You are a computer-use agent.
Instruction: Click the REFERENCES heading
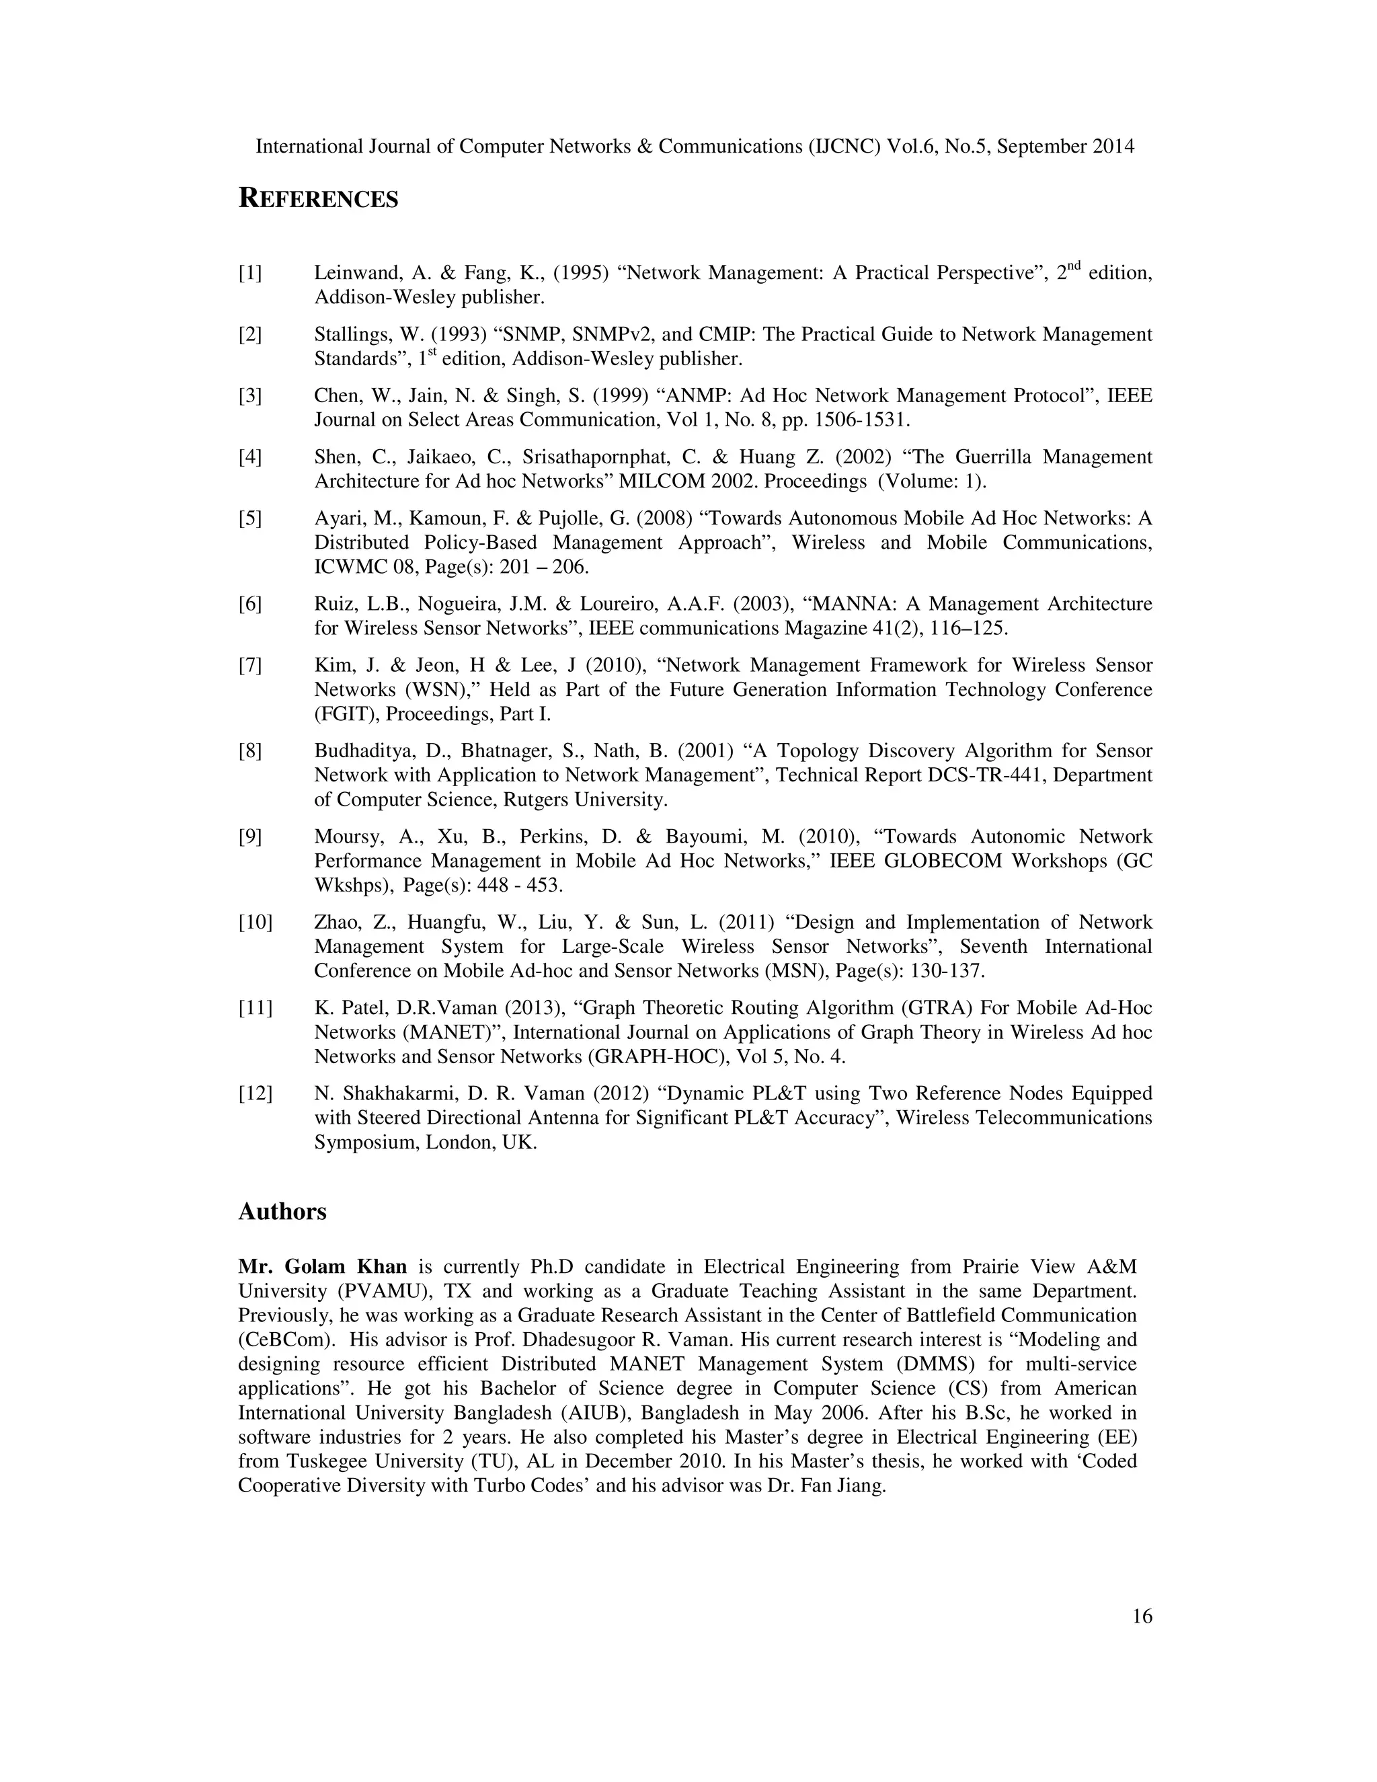318,198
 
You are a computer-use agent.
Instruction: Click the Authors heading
282,1212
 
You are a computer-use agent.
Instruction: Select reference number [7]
249,665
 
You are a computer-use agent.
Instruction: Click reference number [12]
255,1093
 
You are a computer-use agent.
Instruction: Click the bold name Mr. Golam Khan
322,1267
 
